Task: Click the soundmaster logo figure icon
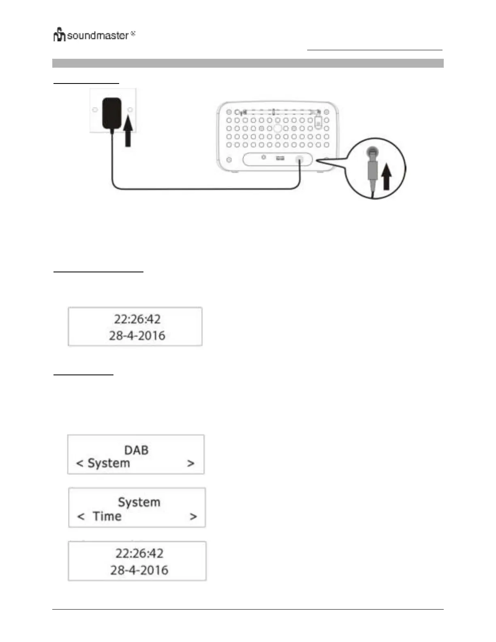pyautogui.click(x=59, y=35)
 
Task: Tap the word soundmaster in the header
pyautogui.click(x=98, y=36)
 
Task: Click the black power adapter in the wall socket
pyautogui.click(x=112, y=113)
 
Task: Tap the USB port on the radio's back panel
pyautogui.click(x=280, y=158)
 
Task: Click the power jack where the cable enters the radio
pyautogui.click(x=300, y=159)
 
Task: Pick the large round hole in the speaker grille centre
pyautogui.click(x=278, y=128)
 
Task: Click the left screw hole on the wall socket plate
pyautogui.click(x=95, y=110)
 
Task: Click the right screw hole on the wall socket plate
pyautogui.click(x=130, y=110)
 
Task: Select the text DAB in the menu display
pyautogui.click(x=136, y=450)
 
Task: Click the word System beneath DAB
pyautogui.click(x=109, y=463)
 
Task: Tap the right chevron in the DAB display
pyautogui.click(x=191, y=464)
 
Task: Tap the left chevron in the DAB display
pyautogui.click(x=80, y=464)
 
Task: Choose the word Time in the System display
pyautogui.click(x=107, y=516)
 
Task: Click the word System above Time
pyautogui.click(x=139, y=502)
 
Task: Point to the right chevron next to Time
pyautogui.click(x=193, y=517)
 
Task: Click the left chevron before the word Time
pyautogui.click(x=81, y=517)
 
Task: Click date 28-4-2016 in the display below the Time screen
pyautogui.click(x=139, y=570)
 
